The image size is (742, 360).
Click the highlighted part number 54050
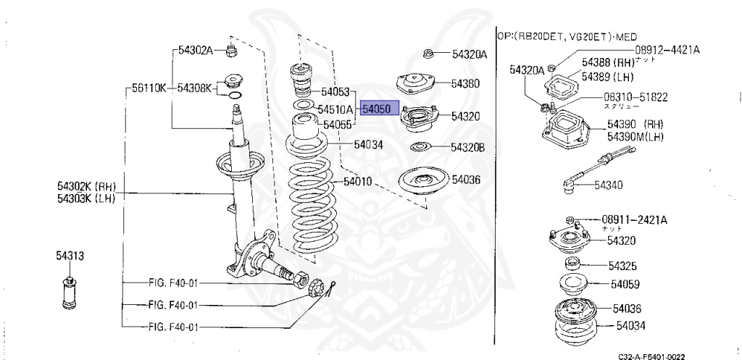(x=377, y=109)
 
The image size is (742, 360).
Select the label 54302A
(x=194, y=50)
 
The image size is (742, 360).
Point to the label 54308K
(x=194, y=88)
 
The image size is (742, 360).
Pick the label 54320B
(x=467, y=148)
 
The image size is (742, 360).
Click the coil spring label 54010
(x=357, y=181)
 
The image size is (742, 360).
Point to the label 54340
(x=608, y=185)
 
